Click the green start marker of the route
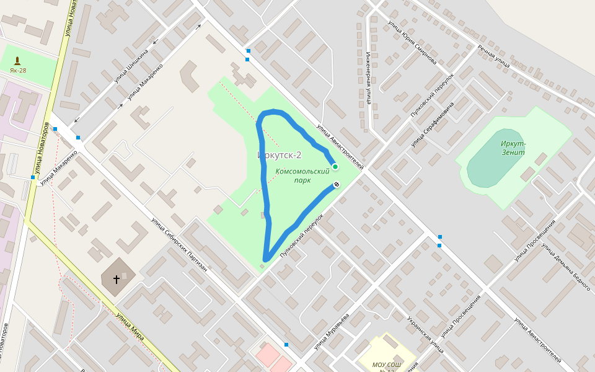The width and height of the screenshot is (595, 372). click(x=335, y=167)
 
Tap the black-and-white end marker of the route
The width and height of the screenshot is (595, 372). click(x=337, y=185)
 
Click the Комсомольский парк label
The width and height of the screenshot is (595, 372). click(x=302, y=175)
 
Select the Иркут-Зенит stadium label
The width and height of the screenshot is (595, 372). click(x=513, y=148)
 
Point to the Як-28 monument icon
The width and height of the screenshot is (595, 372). click(x=17, y=61)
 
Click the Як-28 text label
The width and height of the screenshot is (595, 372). click(x=18, y=71)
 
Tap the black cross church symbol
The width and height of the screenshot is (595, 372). click(x=117, y=280)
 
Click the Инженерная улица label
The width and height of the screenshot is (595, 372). click(x=368, y=77)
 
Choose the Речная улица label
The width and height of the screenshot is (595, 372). click(x=493, y=55)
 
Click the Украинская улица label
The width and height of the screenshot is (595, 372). click(x=425, y=335)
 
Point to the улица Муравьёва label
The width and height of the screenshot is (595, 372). click(x=332, y=331)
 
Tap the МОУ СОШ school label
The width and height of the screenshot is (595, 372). click(x=387, y=365)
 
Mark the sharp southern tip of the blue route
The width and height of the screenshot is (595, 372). click(x=265, y=259)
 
